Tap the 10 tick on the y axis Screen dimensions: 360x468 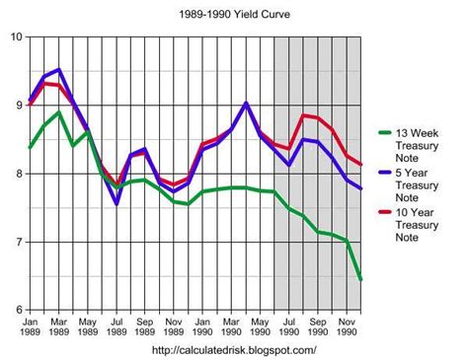pos(15,36)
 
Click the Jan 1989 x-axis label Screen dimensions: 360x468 pos(31,327)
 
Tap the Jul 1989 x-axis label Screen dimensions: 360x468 pos(117,327)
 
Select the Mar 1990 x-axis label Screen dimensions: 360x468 pos(231,327)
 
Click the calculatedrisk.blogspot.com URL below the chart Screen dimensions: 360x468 pos(235,350)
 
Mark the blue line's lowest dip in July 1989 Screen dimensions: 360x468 pos(117,203)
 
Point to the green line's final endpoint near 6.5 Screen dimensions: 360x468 pos(361,279)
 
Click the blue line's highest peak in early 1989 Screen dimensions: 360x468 pos(59,70)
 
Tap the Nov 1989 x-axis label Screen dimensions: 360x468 pos(174,327)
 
